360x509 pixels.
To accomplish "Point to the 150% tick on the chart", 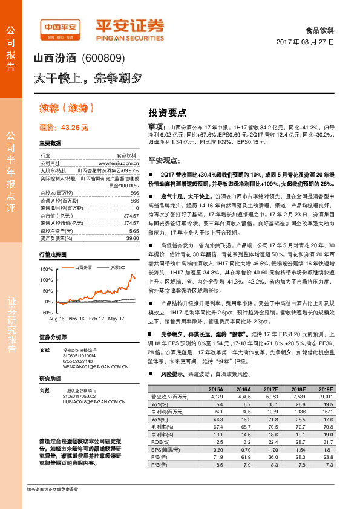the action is click(46, 268).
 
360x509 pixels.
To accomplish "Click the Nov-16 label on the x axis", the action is click(76, 318).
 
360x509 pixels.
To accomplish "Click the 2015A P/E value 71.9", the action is click(217, 458).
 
